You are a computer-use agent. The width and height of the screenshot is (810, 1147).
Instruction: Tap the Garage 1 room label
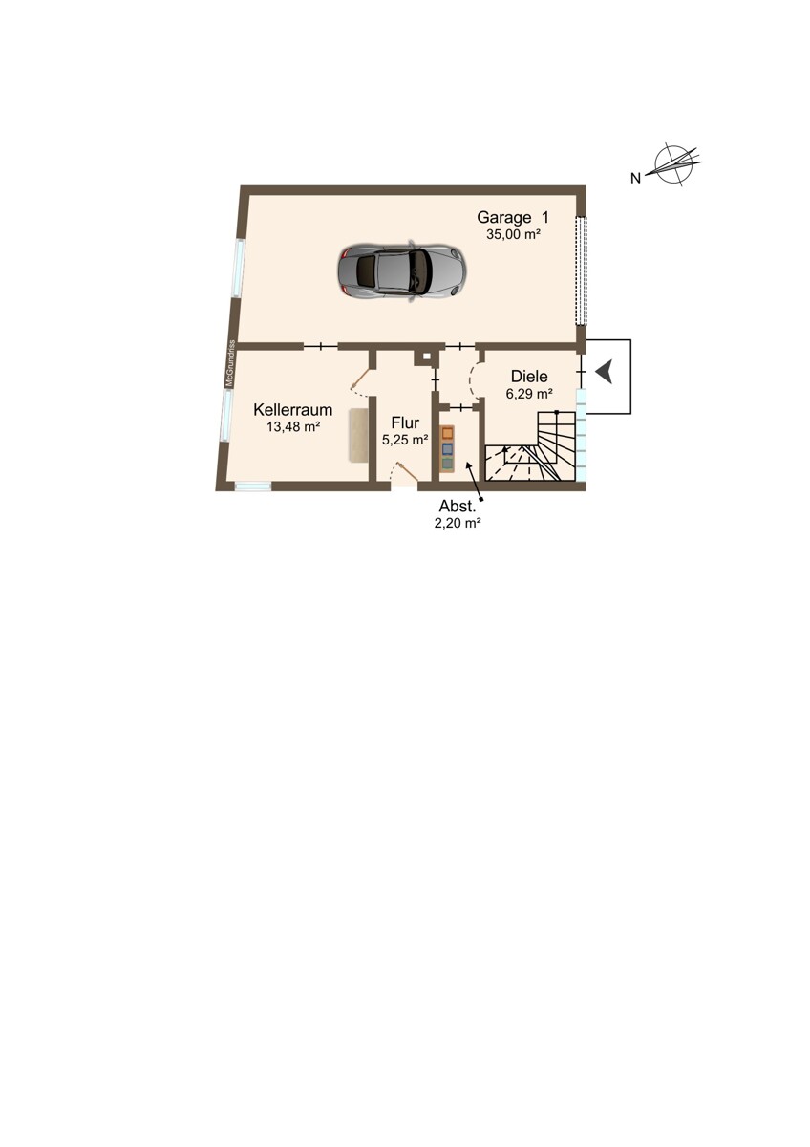513,217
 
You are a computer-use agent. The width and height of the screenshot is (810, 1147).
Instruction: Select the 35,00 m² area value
513,235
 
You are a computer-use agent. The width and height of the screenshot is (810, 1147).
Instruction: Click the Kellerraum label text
292,410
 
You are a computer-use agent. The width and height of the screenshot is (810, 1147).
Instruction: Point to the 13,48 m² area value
293,426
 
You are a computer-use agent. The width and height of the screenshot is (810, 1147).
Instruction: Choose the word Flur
405,422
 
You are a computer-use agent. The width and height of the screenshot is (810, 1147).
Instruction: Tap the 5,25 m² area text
405,440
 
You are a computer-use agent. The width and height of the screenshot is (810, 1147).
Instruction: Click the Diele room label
529,377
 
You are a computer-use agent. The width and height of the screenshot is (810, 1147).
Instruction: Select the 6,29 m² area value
529,394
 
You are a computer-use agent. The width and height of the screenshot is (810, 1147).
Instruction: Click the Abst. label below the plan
458,507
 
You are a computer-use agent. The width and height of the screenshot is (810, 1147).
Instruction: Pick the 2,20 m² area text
458,523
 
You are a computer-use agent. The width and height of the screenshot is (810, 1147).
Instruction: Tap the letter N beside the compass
635,178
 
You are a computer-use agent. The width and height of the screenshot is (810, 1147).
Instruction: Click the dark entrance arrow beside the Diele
605,371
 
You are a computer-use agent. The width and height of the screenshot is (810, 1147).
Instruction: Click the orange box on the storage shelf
448,433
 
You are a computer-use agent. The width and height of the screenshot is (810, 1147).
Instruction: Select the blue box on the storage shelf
448,449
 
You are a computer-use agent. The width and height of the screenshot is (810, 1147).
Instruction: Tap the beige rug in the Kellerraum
358,435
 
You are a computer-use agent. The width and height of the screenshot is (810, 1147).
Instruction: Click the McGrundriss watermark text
231,363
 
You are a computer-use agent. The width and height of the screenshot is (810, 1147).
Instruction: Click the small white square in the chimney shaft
426,357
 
